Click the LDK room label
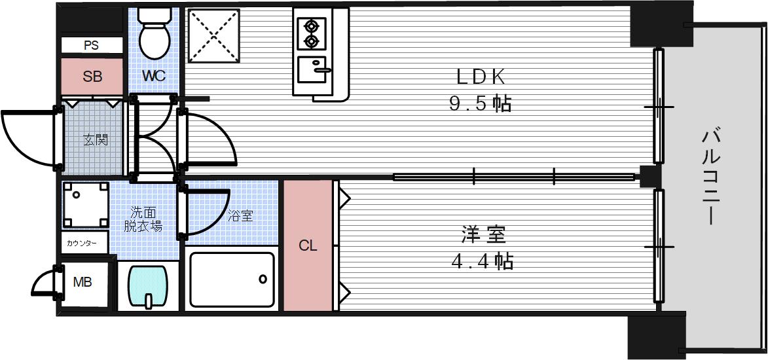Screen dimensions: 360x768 (481, 77)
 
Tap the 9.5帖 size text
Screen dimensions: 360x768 (481, 104)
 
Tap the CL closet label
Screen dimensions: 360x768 (308, 246)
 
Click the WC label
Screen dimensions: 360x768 (155, 76)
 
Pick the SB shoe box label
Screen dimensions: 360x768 (92, 77)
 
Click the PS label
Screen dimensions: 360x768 (92, 45)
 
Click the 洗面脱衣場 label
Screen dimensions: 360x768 (143, 219)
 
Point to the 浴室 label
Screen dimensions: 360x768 (240, 215)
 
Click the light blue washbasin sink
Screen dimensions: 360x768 (150, 286)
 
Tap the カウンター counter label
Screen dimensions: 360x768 (82, 243)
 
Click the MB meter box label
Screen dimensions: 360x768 (82, 283)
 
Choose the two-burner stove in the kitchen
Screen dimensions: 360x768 (310, 34)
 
